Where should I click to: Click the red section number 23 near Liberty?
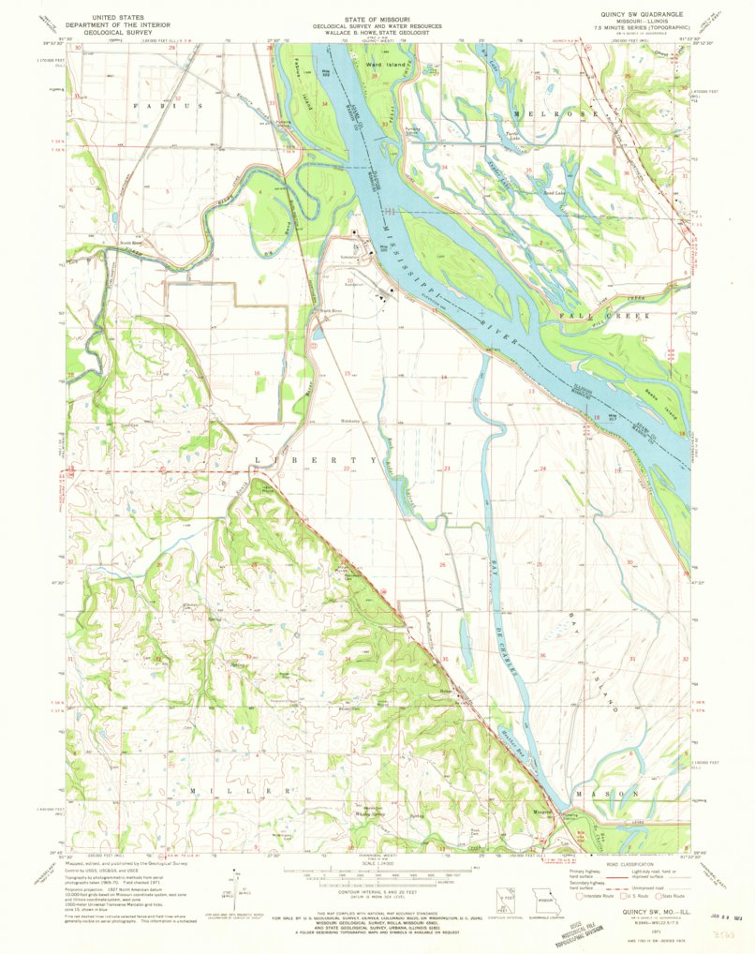tap(448, 468)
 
